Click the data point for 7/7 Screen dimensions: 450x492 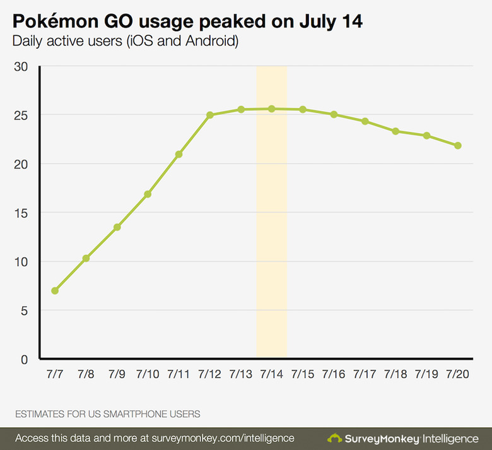click(55, 291)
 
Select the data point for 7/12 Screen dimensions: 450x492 click(210, 115)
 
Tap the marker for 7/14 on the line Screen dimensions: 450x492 click(272, 109)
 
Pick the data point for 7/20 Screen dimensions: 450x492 click(458, 145)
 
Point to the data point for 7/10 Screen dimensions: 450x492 click(148, 194)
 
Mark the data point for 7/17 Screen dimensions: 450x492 click(365, 121)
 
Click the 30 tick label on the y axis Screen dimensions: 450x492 click(21, 66)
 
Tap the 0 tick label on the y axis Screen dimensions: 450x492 click(25, 359)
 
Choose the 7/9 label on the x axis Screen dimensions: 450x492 click(117, 374)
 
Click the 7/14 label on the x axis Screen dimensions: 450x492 click(272, 374)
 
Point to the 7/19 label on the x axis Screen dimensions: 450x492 click(427, 374)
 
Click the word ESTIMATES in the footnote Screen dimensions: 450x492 click(40, 414)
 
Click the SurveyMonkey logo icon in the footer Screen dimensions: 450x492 click(335, 437)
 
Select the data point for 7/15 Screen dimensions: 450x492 click(303, 109)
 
